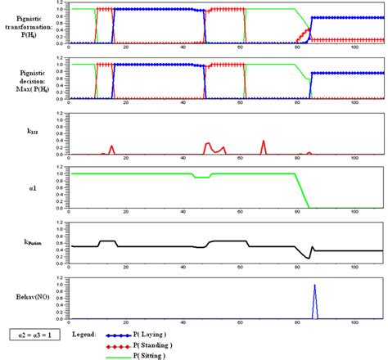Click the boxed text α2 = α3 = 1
[x=30, y=335]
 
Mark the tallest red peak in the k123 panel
[x=264, y=141]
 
